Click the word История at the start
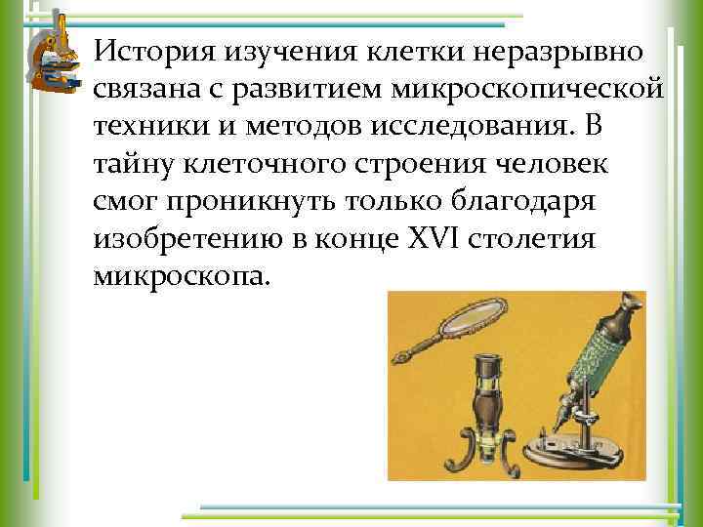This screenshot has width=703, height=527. pyautogui.click(x=148, y=49)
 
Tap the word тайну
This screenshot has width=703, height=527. pyautogui.click(x=133, y=163)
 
